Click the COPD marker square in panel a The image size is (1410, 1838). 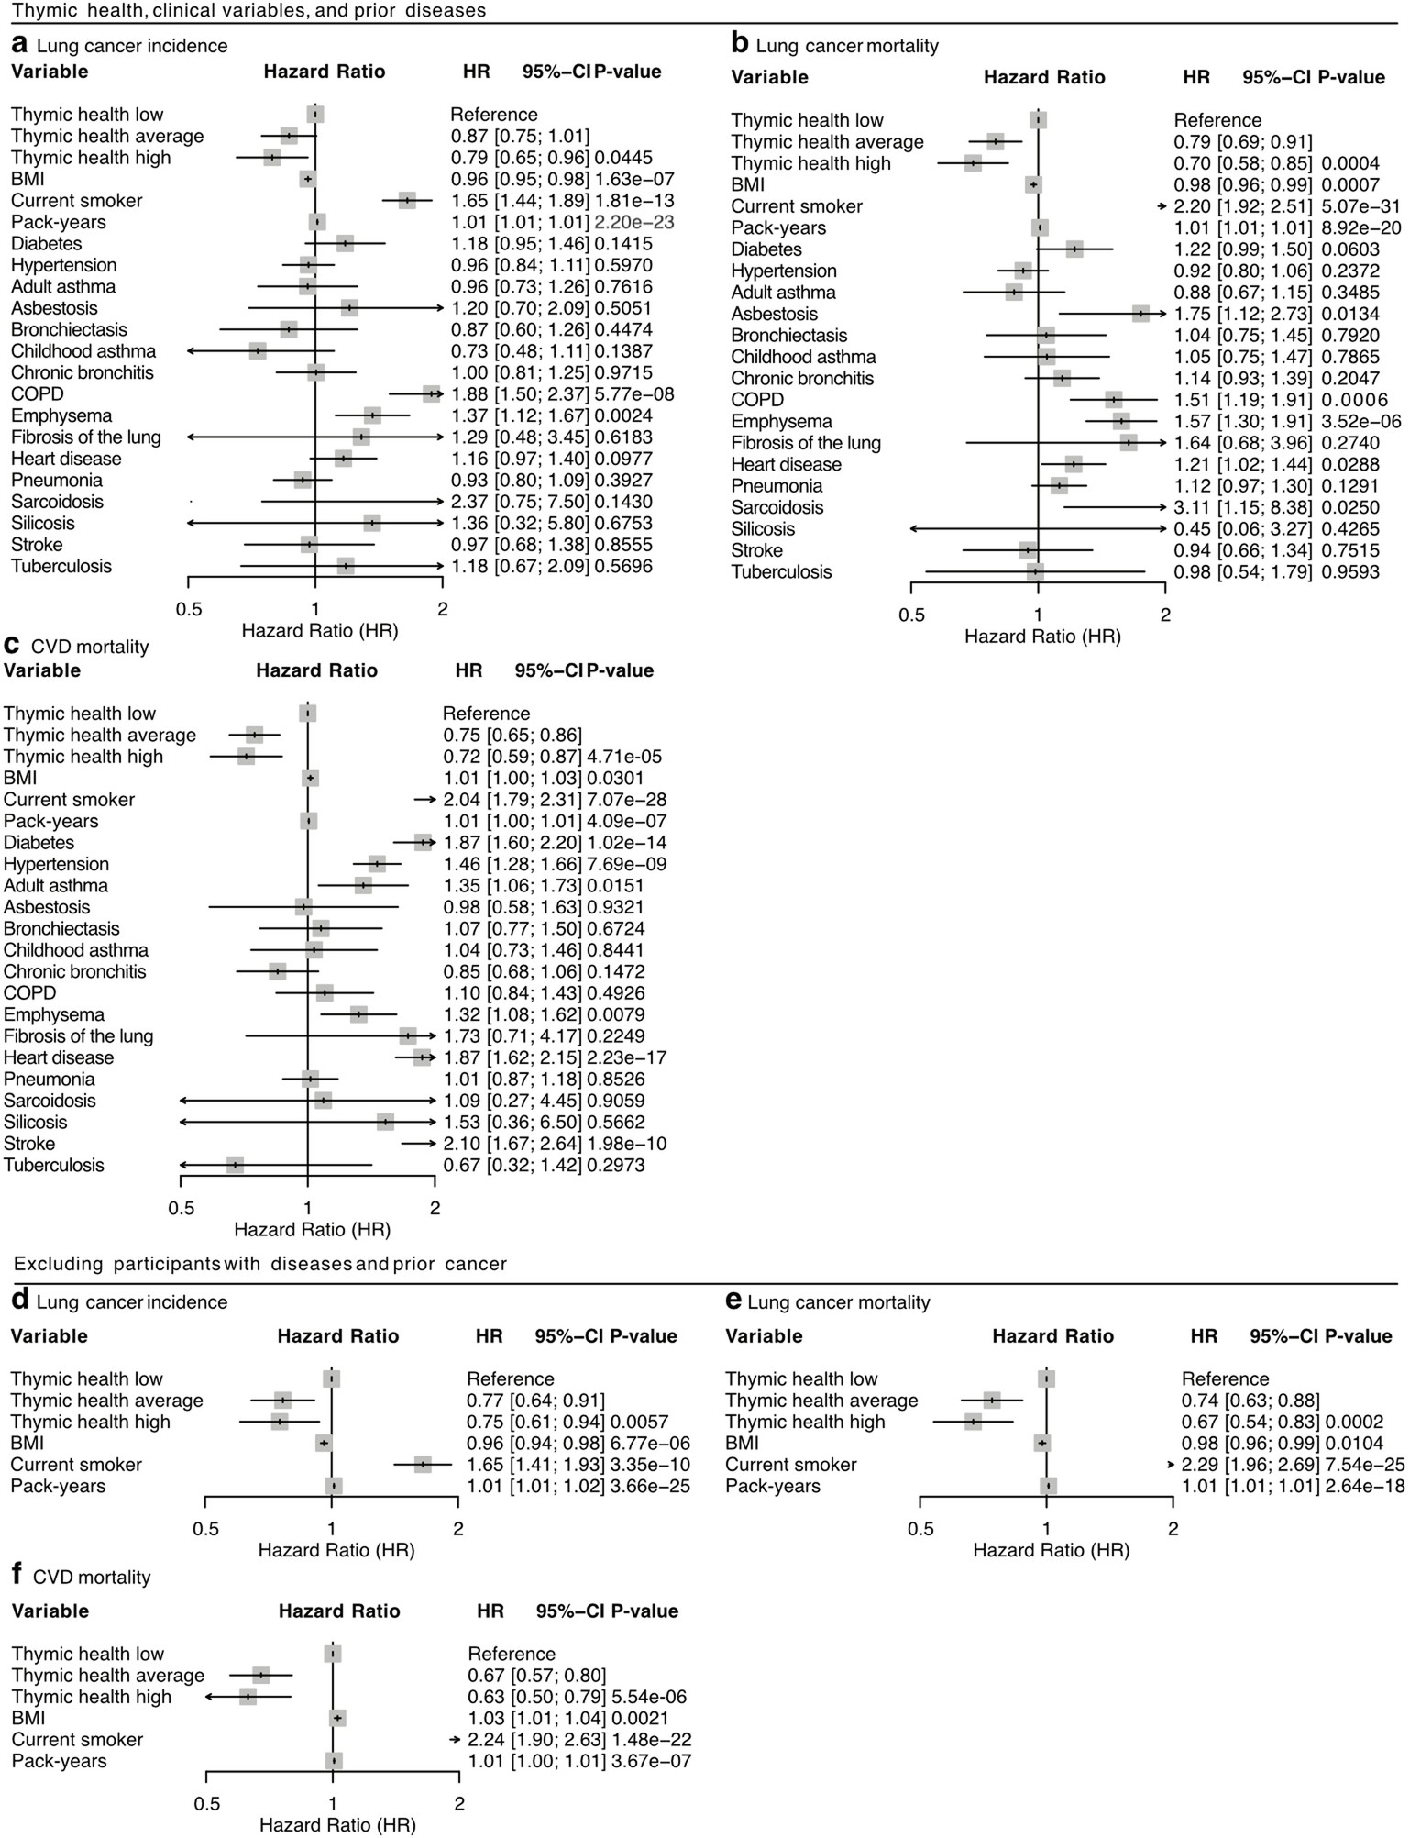click(x=431, y=394)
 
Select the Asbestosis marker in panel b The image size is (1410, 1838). click(x=1140, y=315)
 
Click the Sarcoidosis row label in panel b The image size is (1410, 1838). click(x=777, y=508)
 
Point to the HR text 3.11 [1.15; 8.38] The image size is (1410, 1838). click(x=1242, y=508)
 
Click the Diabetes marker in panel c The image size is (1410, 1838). click(x=422, y=843)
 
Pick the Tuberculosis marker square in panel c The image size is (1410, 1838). click(x=236, y=1166)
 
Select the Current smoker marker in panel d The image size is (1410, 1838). click(x=422, y=1466)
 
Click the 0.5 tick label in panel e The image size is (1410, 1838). click(x=920, y=1530)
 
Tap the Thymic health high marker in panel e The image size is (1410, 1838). click(x=973, y=1423)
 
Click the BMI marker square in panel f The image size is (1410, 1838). click(x=337, y=1719)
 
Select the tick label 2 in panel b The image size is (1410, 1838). click(x=1165, y=615)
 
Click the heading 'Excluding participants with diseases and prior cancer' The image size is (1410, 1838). click(x=260, y=1265)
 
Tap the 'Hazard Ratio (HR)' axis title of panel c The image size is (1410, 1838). click(x=312, y=1230)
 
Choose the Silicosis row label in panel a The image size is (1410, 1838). click(x=43, y=524)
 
